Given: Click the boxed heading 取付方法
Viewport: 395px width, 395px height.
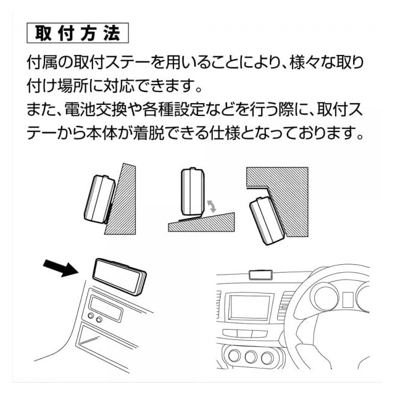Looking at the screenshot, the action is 78,33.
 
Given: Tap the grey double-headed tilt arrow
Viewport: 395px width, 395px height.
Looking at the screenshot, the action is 212,206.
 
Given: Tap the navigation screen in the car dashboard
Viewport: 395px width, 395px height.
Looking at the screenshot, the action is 249,307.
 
